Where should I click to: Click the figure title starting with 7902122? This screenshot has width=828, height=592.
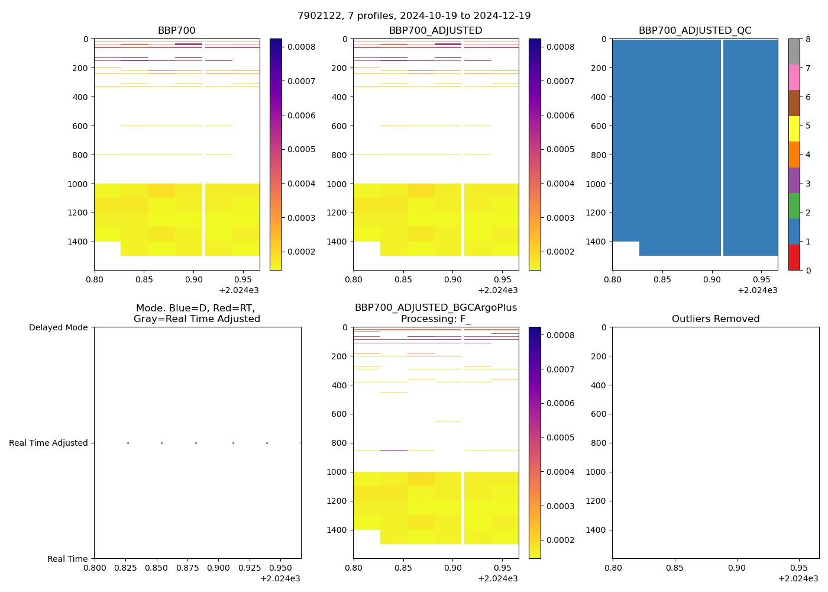414,16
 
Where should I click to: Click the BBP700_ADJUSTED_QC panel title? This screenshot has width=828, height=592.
695,31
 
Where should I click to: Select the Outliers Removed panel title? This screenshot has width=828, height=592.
716,319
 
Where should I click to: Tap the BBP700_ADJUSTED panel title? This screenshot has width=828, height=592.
435,31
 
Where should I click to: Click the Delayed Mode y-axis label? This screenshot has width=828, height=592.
58,327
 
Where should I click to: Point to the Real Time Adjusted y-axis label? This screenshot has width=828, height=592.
48,443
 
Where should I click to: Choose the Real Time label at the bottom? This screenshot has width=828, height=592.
67,559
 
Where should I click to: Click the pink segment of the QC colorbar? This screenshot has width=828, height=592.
794,77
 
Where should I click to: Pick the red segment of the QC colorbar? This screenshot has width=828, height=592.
794,258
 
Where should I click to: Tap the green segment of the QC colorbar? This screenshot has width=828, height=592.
794,206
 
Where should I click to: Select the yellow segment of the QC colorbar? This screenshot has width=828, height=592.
794,128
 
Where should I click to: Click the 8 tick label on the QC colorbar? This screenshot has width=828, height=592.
808,39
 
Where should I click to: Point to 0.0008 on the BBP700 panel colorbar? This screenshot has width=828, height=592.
301,47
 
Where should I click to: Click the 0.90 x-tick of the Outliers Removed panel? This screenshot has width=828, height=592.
736,568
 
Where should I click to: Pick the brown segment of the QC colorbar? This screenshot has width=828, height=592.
794,103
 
